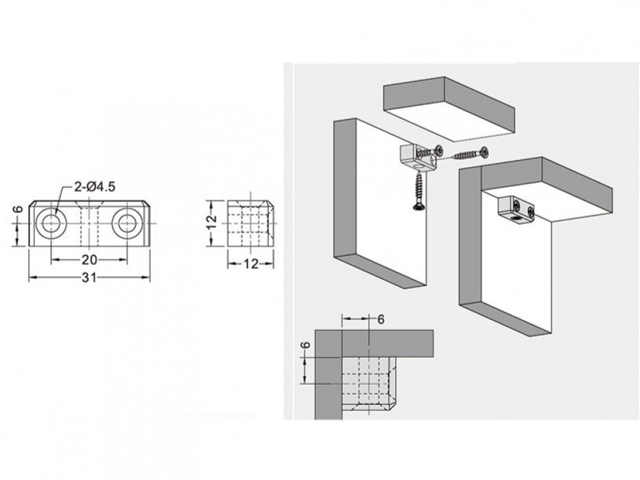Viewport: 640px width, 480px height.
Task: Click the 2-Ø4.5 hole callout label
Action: pyautogui.click(x=95, y=186)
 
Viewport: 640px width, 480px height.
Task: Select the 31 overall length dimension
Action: pyautogui.click(x=90, y=278)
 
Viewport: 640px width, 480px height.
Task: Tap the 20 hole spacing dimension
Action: pyautogui.click(x=90, y=259)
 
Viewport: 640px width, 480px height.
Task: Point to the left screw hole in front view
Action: pyautogui.click(x=51, y=223)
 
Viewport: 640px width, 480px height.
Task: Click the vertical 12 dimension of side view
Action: pyautogui.click(x=211, y=223)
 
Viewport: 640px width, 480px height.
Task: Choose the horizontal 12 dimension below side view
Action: pyautogui.click(x=251, y=264)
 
